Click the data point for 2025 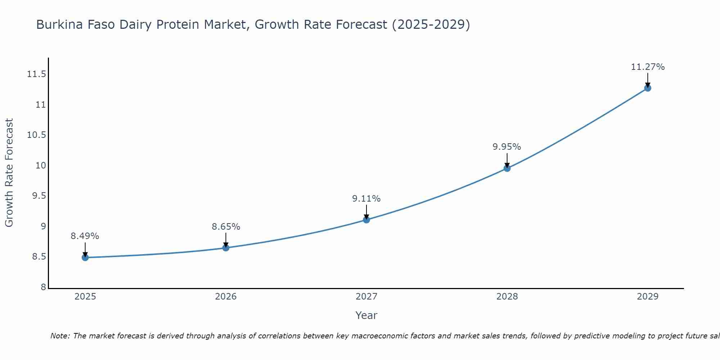(x=85, y=257)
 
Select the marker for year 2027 (x=366, y=220)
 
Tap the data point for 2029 (x=648, y=88)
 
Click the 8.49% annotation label (x=85, y=236)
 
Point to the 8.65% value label (x=226, y=227)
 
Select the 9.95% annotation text (x=507, y=147)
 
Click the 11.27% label (x=648, y=67)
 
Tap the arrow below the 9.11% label (x=366, y=211)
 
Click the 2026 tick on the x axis (x=226, y=297)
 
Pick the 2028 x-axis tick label (x=507, y=297)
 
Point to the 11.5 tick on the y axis (x=36, y=75)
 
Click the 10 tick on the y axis (x=40, y=166)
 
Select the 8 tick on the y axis (x=43, y=287)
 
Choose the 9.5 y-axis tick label (x=39, y=196)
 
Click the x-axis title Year (x=366, y=315)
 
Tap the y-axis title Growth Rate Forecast (x=9, y=173)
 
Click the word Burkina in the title (x=58, y=25)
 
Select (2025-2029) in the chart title (x=431, y=25)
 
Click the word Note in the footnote (x=60, y=336)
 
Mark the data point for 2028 (x=507, y=168)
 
